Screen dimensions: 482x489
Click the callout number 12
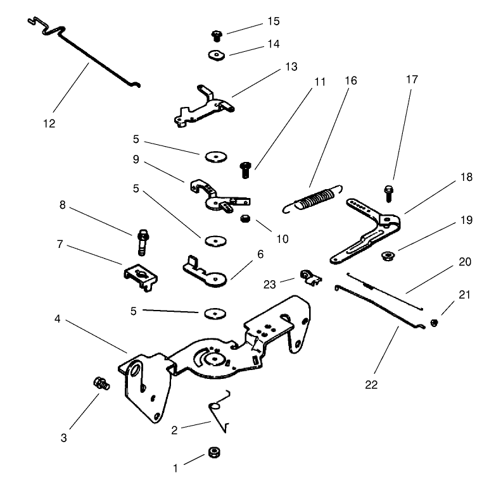pos(49,123)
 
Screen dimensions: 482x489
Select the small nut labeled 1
pos(213,453)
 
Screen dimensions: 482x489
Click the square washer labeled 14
pos(217,54)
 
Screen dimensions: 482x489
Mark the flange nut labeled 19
pos(384,256)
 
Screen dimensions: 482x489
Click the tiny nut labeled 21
pos(434,323)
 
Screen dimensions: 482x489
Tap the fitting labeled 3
pos(99,383)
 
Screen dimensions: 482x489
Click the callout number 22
pos(371,384)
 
